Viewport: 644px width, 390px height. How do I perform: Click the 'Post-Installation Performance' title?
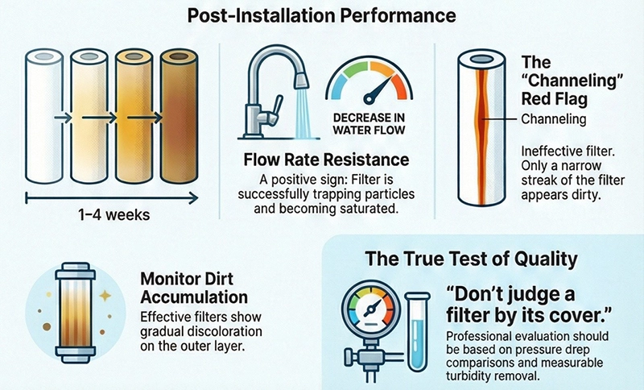tap(321, 15)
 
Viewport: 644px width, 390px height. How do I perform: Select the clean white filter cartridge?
tap(44, 116)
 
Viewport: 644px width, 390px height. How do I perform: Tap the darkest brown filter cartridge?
tap(179, 116)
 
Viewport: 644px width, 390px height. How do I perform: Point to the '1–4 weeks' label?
tap(114, 214)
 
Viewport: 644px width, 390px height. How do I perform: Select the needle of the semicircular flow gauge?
tap(378, 89)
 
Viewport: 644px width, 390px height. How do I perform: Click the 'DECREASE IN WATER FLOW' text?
tap(369, 124)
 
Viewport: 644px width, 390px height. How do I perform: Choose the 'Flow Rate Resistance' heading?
tap(327, 160)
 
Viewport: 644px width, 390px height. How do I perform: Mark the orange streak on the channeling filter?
tap(481, 135)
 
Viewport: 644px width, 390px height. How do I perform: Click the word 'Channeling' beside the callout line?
tap(554, 119)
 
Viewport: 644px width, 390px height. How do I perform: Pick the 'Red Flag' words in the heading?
tap(555, 99)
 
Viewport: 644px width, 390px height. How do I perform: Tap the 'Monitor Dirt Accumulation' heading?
tap(194, 288)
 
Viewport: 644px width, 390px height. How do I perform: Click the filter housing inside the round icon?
tap(76, 313)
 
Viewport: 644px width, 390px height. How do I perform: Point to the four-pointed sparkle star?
tap(105, 295)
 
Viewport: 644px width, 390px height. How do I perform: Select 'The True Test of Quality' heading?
tap(471, 259)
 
